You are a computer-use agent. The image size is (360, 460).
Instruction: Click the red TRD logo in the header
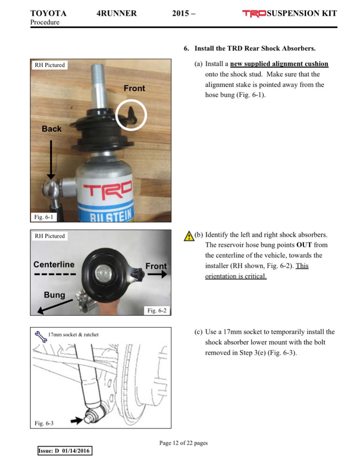[x=254, y=13]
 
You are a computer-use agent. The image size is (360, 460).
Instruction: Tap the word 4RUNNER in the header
[x=117, y=13]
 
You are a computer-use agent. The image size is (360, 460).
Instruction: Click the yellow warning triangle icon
[x=189, y=236]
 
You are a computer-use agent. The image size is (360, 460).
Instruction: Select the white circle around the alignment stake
[x=131, y=115]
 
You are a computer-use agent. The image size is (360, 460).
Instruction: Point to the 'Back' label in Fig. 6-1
[x=51, y=129]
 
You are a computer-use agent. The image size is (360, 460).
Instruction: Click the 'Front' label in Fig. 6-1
[x=134, y=88]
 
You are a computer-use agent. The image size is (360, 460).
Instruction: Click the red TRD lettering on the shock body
[x=108, y=190]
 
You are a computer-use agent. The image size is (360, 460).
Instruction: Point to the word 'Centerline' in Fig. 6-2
[x=54, y=264]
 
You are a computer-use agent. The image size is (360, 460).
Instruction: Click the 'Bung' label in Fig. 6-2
[x=54, y=295]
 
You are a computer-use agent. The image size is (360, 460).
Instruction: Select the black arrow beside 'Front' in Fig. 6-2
[x=157, y=274]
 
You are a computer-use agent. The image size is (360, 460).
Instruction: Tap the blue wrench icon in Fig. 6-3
[x=41, y=337]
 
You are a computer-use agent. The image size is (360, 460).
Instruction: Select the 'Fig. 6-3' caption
[x=44, y=423]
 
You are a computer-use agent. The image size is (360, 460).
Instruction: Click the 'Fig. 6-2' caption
[x=157, y=310]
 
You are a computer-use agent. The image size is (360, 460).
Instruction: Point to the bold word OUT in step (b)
[x=304, y=245]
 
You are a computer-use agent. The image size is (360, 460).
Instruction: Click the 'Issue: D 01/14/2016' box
[x=65, y=451]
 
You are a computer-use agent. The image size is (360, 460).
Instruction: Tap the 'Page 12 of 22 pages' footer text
[x=184, y=443]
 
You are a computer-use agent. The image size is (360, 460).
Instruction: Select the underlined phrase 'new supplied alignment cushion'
[x=279, y=64]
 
